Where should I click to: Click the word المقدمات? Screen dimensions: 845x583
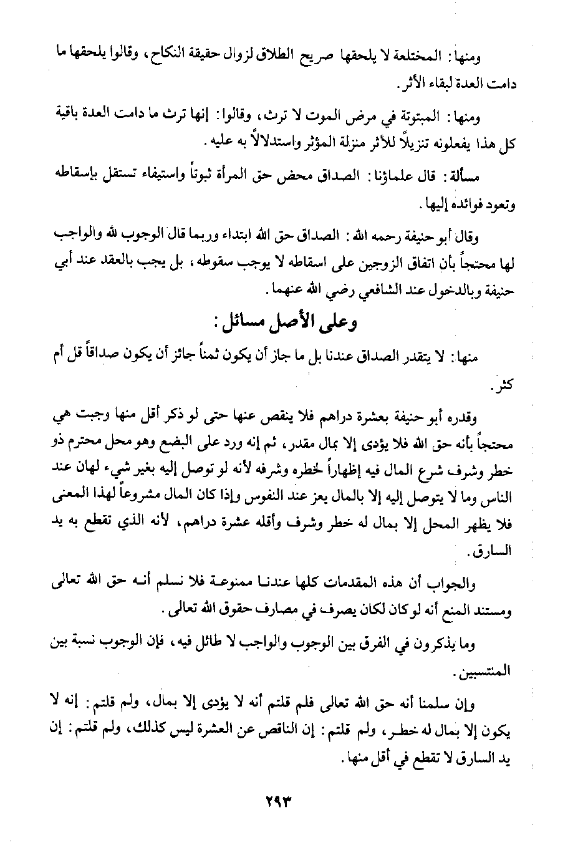[x=357, y=584]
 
